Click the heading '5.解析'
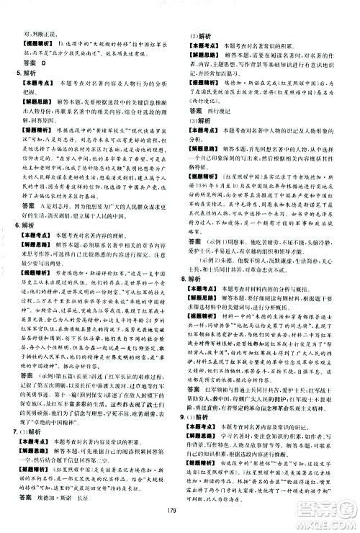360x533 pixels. tap(26, 73)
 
